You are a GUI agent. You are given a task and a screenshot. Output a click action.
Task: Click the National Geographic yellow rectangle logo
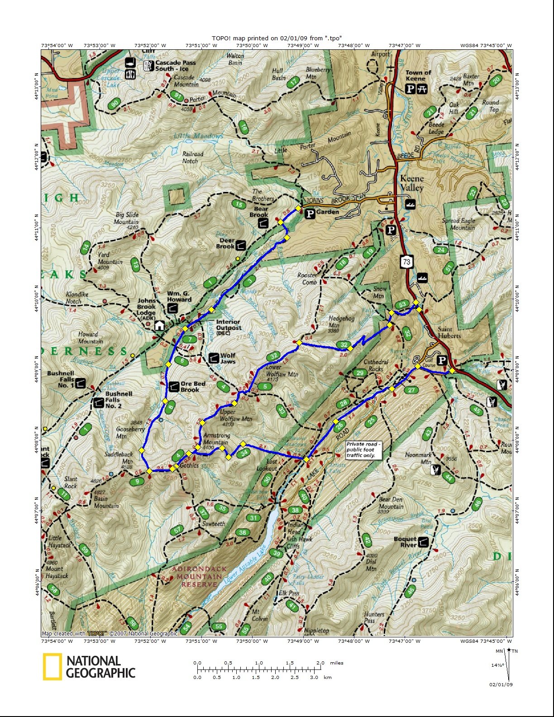(53, 667)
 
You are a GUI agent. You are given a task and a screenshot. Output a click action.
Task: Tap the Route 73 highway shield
(406, 261)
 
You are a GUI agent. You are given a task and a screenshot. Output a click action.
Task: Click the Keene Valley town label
(412, 183)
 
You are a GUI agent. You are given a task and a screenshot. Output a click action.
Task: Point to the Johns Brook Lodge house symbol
(159, 325)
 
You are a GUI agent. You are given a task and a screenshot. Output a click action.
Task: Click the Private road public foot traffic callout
(363, 450)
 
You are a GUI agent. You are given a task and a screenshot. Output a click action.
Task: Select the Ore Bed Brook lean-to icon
(174, 387)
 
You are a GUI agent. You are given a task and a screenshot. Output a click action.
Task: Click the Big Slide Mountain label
(126, 218)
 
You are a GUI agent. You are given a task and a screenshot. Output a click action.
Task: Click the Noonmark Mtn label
(418, 458)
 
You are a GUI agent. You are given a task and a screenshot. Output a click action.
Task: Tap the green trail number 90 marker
(115, 104)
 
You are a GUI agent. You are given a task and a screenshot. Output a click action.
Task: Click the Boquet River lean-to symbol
(423, 542)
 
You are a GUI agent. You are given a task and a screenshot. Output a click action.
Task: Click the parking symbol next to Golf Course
(442, 360)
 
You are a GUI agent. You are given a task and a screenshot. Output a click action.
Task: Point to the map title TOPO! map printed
(277, 38)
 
